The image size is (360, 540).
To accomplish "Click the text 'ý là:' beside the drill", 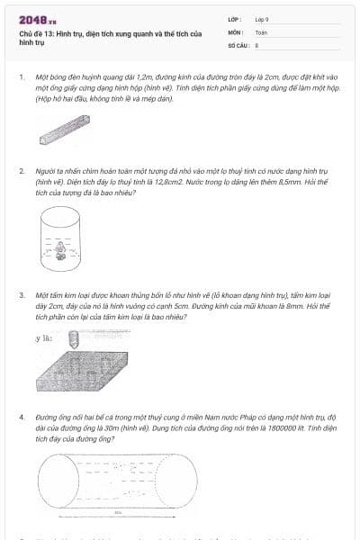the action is click(42, 338).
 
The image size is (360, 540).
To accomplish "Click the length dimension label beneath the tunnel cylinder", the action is click(118, 513).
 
